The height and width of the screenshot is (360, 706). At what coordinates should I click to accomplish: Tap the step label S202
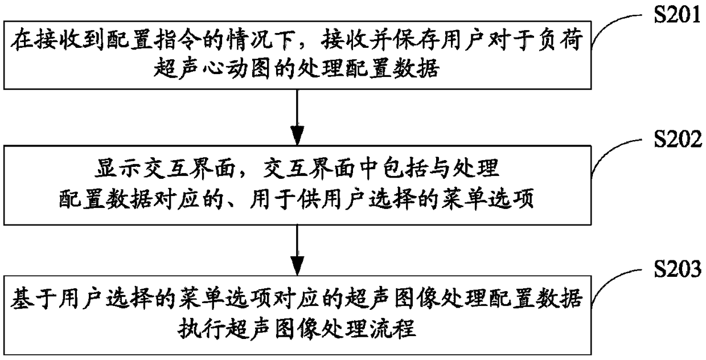[679, 140]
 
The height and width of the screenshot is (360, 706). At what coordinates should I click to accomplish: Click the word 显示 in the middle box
[110, 170]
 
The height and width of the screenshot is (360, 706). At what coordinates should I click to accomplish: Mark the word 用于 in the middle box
[284, 201]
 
